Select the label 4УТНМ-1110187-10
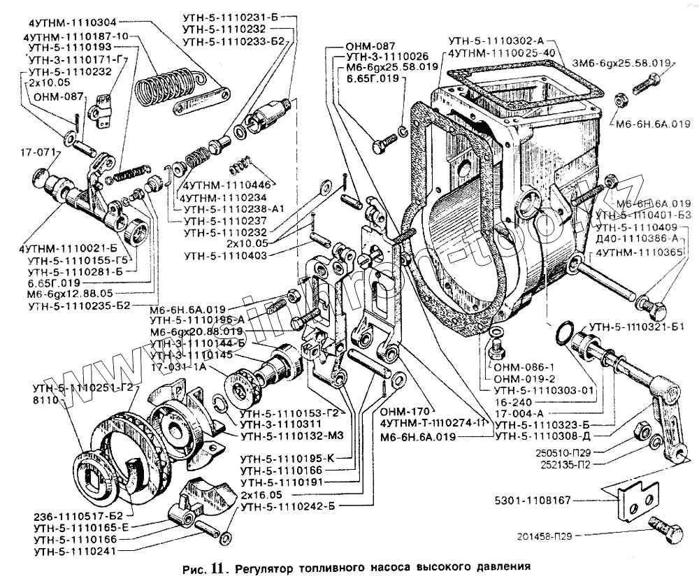coord(75,36)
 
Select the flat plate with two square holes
coord(640,496)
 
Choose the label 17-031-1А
coord(178,367)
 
